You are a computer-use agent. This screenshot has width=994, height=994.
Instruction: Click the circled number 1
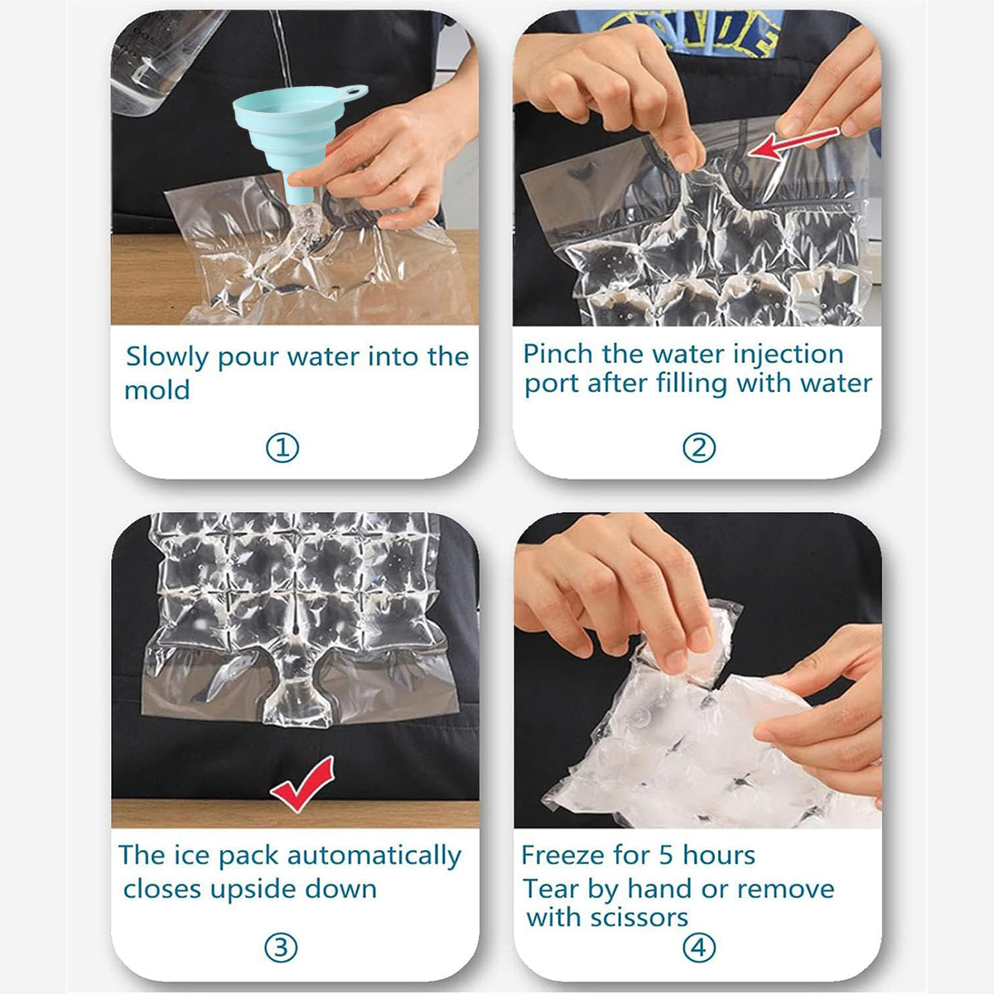[282, 448]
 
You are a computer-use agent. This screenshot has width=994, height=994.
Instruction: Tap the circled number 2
[698, 448]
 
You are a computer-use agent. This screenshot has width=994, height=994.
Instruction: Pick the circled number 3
[281, 948]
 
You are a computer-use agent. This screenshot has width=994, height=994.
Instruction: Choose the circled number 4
[698, 948]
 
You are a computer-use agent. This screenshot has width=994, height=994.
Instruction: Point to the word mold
[157, 389]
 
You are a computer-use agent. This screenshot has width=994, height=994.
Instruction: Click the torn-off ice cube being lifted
[708, 642]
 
